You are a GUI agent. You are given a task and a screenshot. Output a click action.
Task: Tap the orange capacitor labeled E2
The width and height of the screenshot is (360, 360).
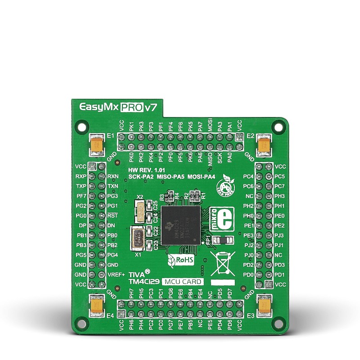click(x=263, y=145)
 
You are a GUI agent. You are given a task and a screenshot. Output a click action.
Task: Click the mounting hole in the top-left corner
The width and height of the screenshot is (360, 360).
click(x=81, y=126)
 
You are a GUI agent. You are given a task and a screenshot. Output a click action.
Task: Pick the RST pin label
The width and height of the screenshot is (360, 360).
click(x=112, y=216)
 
